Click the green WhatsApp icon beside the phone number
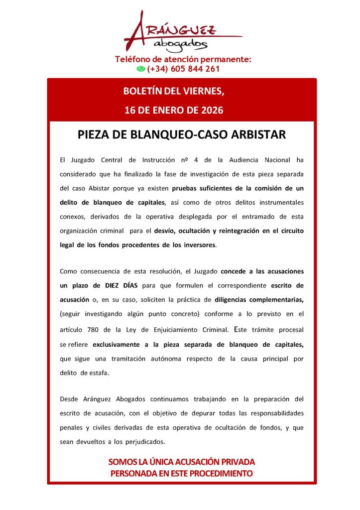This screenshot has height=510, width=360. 141,69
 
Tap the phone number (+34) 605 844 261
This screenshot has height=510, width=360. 183,69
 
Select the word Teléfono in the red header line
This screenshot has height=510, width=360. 133,59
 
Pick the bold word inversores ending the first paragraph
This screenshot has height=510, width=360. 198,246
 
